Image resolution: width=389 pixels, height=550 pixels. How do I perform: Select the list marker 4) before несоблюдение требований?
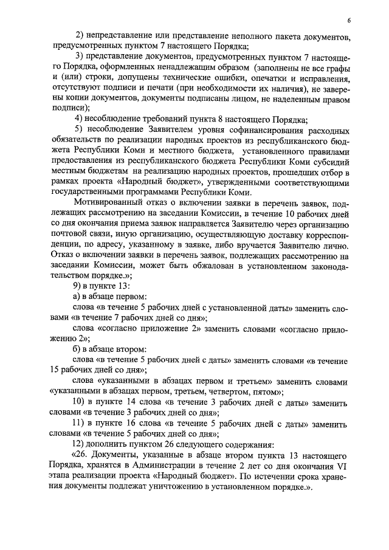click(79, 118)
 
